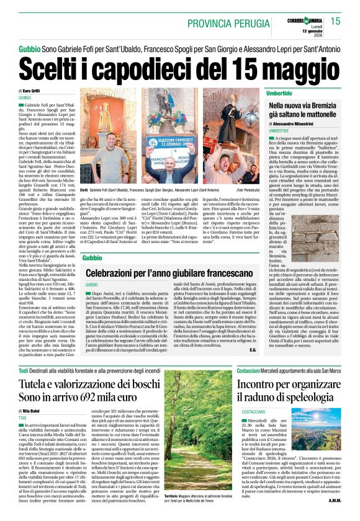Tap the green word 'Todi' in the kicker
pyautogui.click(x=24, y=370)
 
